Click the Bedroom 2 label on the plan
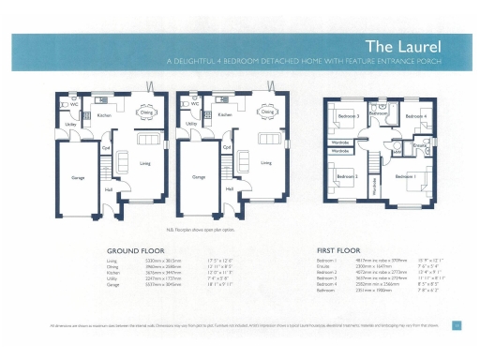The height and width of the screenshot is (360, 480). coord(348,175)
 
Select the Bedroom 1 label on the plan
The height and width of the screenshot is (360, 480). coord(405,176)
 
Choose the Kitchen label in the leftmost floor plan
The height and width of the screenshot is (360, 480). coord(104,116)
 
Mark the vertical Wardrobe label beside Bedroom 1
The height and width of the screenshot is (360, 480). coord(375,187)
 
